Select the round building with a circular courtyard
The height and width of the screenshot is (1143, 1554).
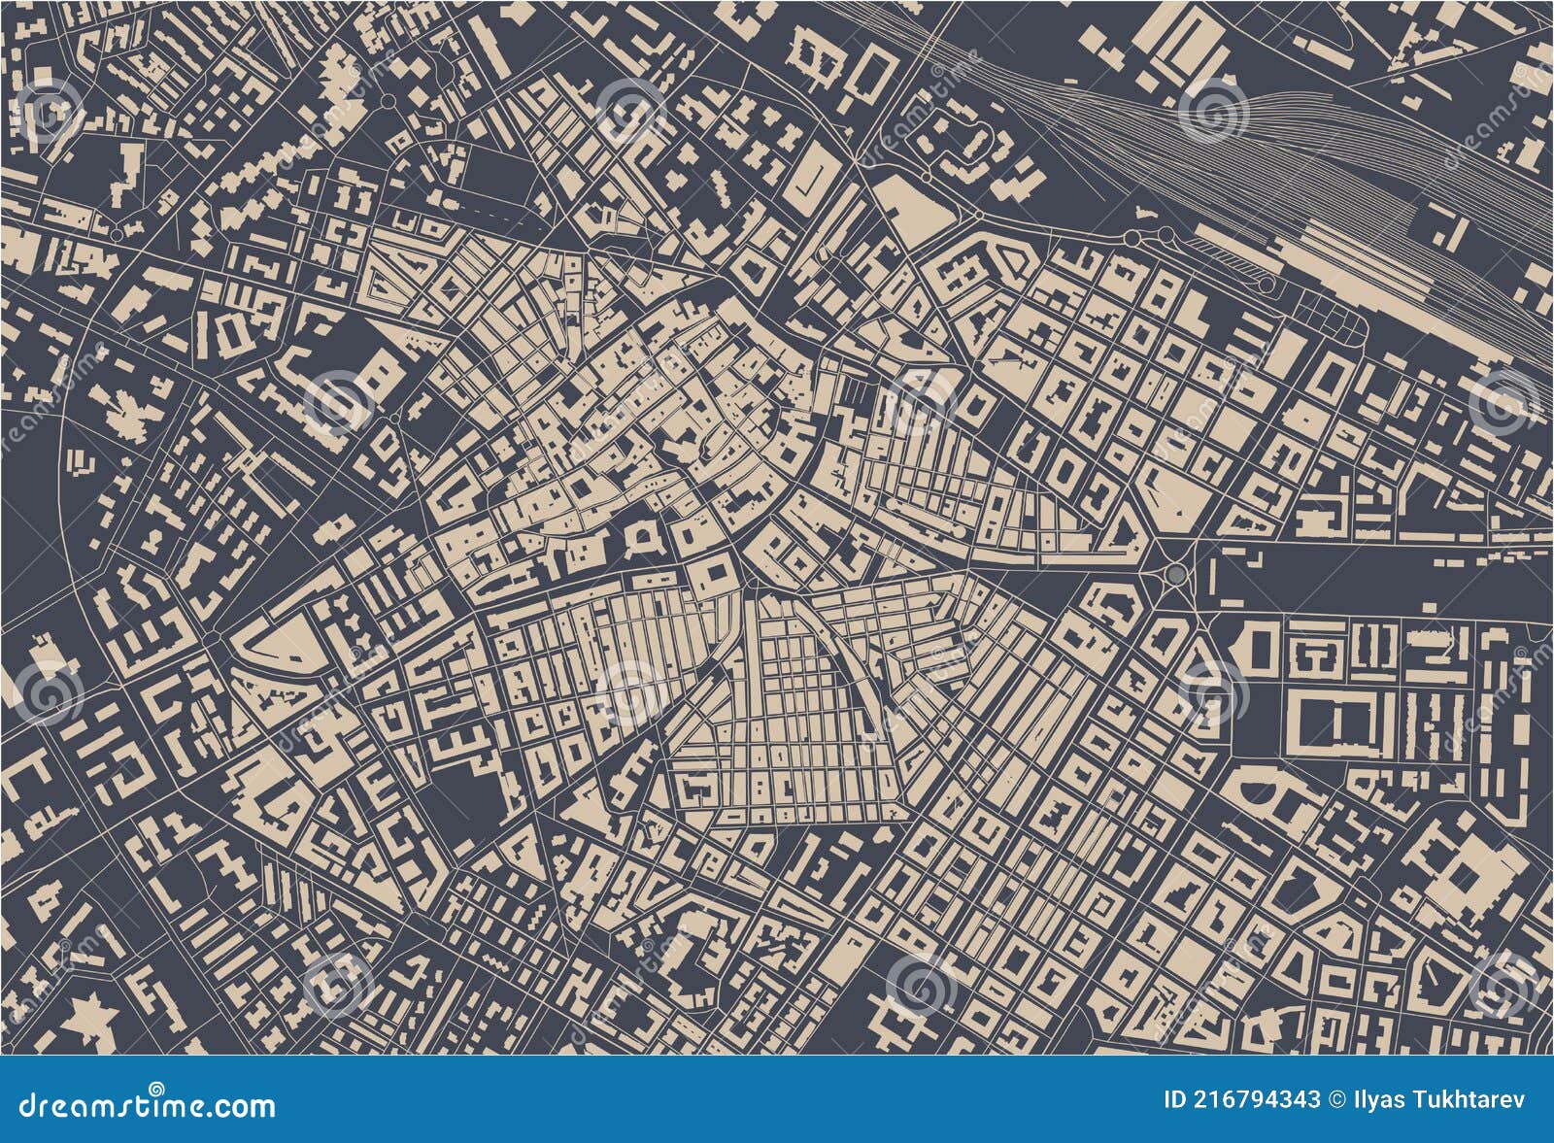641,535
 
